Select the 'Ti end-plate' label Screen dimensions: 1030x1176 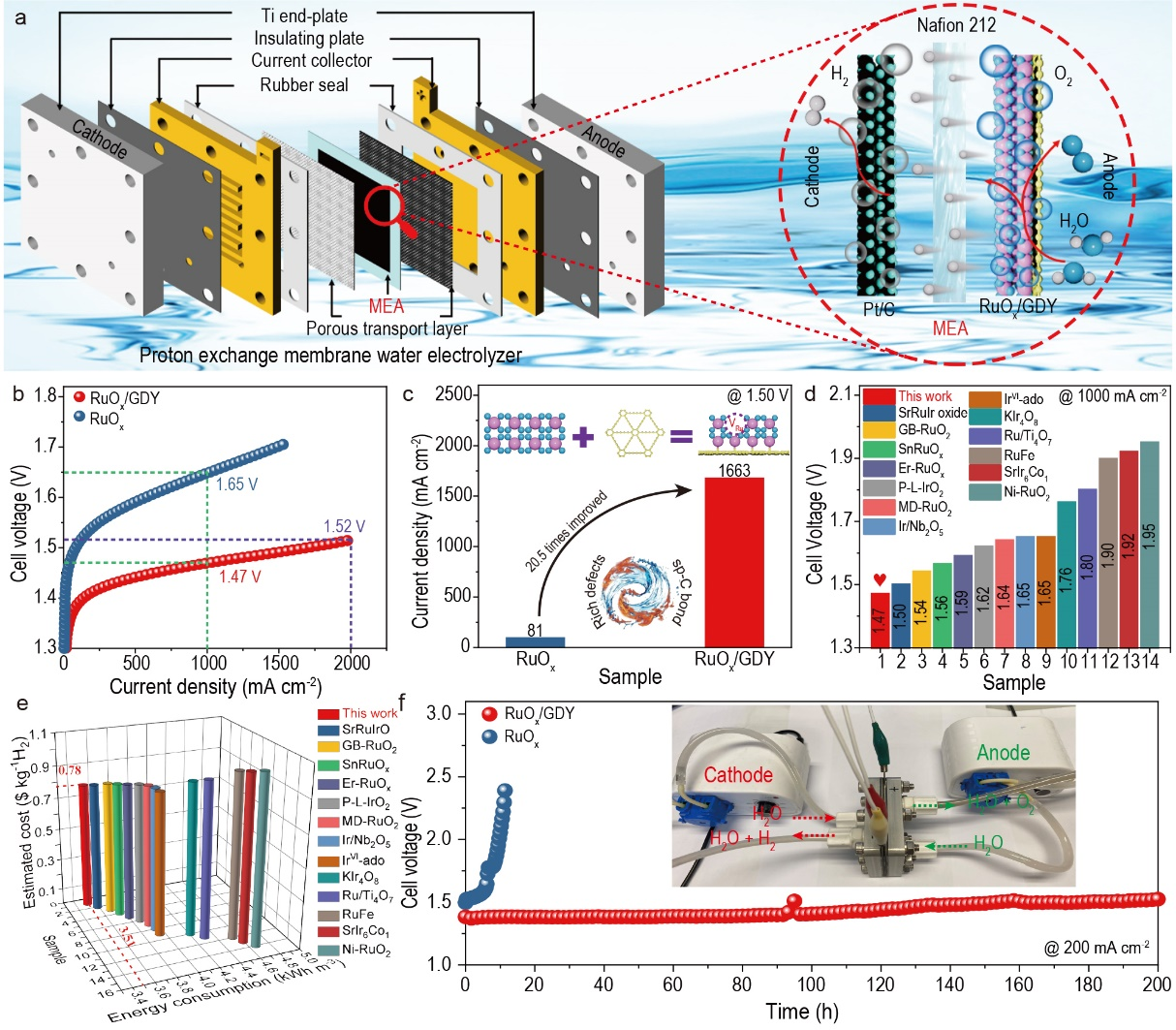304,16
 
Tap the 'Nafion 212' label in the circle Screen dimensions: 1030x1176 956,25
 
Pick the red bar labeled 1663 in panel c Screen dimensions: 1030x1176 735,561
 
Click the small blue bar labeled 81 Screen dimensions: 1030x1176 536,640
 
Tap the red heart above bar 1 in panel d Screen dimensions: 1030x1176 880,580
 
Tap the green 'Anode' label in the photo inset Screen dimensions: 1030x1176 1004,752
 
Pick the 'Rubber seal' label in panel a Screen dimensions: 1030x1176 304,85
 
